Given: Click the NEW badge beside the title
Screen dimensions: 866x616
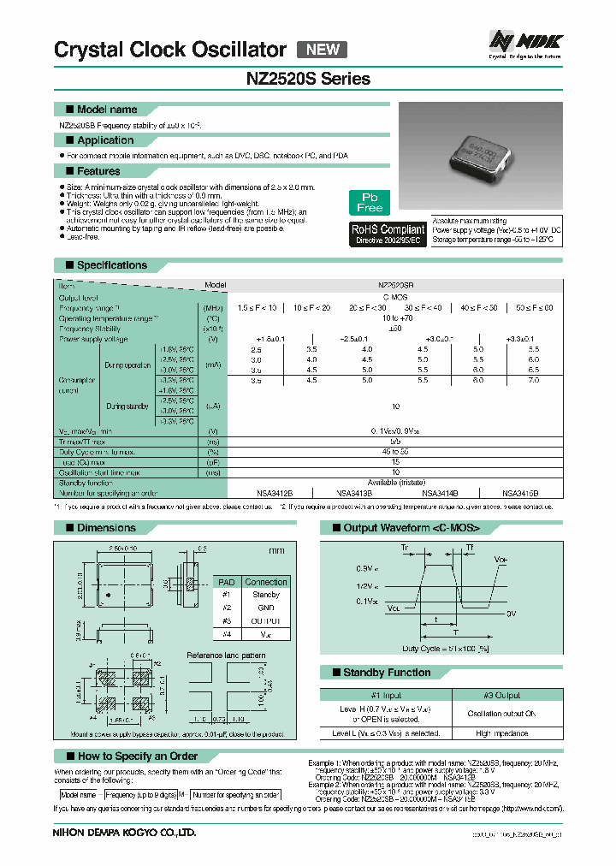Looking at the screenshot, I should click(322, 50).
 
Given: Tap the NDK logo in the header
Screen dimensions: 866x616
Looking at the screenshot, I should click(525, 40).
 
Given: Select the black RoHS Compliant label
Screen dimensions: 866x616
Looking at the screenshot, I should click(388, 234).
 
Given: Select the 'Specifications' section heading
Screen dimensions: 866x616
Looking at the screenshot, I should click(112, 265).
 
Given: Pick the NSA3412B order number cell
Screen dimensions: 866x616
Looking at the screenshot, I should click(275, 494).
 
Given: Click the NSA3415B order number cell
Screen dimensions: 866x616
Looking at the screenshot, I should click(521, 494).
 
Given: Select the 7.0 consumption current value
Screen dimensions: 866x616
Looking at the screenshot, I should click(534, 379).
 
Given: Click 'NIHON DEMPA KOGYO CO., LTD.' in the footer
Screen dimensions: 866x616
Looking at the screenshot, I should click(125, 832).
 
